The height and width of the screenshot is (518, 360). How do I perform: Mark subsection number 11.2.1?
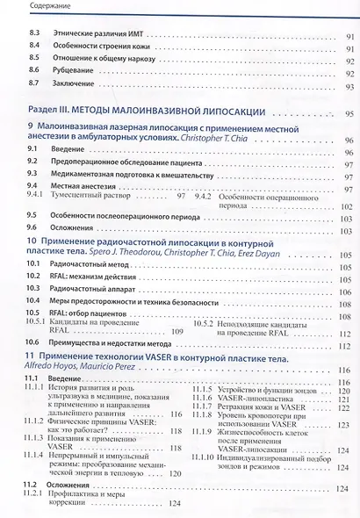34,495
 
